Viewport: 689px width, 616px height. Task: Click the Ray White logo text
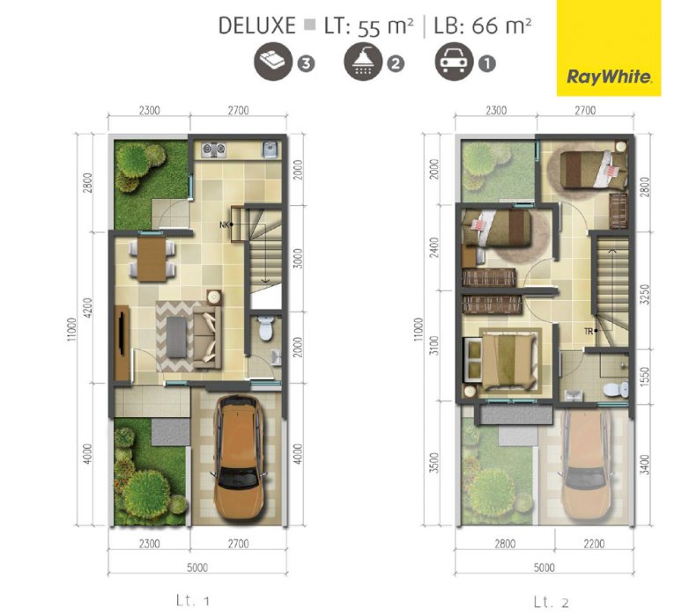[x=609, y=77]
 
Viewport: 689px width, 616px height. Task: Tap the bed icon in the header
[x=273, y=62]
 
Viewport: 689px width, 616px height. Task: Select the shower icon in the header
[x=363, y=62]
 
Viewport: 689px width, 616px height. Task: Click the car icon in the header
[x=454, y=62]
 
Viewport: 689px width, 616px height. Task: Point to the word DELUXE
[x=257, y=26]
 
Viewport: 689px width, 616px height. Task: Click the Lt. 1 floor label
[x=192, y=600]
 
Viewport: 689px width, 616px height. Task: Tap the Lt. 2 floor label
[x=551, y=602]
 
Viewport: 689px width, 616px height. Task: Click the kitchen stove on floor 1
[x=214, y=150]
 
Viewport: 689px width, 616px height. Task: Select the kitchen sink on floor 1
[x=270, y=150]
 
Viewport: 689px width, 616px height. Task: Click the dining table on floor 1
[x=152, y=259]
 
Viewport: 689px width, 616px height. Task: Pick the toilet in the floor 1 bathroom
[x=265, y=327]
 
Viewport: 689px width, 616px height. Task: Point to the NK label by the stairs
[x=224, y=225]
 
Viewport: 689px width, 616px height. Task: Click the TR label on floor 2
[x=589, y=332]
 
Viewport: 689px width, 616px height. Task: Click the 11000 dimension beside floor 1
[x=72, y=329]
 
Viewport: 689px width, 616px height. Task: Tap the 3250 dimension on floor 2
[x=645, y=295]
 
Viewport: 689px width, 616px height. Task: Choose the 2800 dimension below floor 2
[x=505, y=544]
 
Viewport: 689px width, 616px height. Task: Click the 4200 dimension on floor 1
[x=87, y=308]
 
